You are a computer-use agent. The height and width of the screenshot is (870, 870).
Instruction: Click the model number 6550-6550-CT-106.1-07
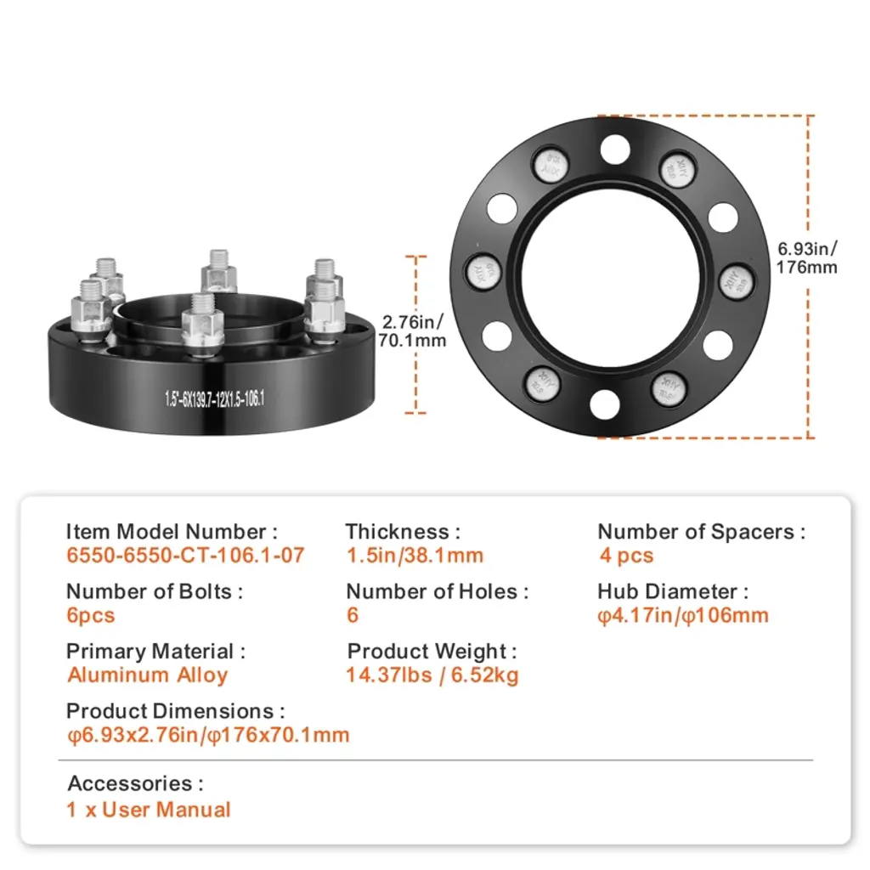(185, 556)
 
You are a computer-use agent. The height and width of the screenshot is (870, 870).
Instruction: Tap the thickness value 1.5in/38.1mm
(414, 556)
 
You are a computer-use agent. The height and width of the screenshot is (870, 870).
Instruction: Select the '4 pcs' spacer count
(626, 556)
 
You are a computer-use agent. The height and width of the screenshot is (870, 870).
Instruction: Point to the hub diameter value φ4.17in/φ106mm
(683, 616)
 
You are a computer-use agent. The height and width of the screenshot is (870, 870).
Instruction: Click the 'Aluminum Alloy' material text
(148, 675)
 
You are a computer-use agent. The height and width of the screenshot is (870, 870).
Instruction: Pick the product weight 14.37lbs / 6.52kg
(432, 675)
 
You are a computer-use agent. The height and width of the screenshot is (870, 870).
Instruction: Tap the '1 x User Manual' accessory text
(149, 810)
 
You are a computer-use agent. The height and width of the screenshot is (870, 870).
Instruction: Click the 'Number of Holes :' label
(437, 591)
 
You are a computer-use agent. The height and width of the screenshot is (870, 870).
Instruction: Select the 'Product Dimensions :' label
(175, 711)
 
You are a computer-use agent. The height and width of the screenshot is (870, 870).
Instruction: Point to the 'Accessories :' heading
(135, 783)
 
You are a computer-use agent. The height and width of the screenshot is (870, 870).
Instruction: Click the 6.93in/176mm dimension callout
(807, 257)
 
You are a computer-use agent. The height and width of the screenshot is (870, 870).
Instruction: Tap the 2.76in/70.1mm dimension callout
(413, 331)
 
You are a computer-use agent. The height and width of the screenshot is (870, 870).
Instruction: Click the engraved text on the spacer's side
(215, 398)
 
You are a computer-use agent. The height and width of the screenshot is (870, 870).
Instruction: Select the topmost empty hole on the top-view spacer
(614, 150)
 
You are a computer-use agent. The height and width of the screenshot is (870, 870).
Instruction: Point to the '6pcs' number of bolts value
(90, 616)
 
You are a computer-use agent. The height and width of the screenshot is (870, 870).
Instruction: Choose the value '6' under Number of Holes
(353, 616)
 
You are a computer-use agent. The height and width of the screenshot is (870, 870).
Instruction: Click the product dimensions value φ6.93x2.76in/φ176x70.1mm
(208, 735)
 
